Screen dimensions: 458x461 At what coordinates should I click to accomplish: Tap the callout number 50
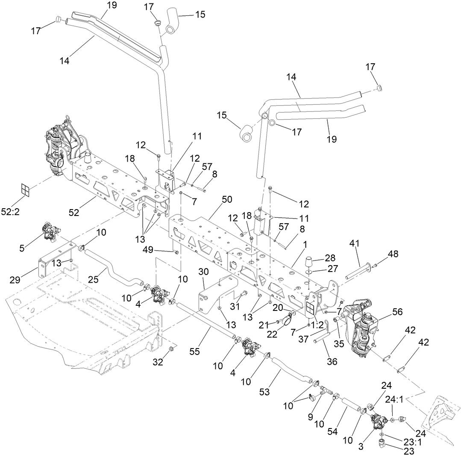point(227,200)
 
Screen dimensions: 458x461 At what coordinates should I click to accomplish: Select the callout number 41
point(355,244)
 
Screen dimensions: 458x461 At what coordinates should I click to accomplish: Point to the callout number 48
point(393,254)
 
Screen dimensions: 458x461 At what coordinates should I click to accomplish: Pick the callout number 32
point(159,362)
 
